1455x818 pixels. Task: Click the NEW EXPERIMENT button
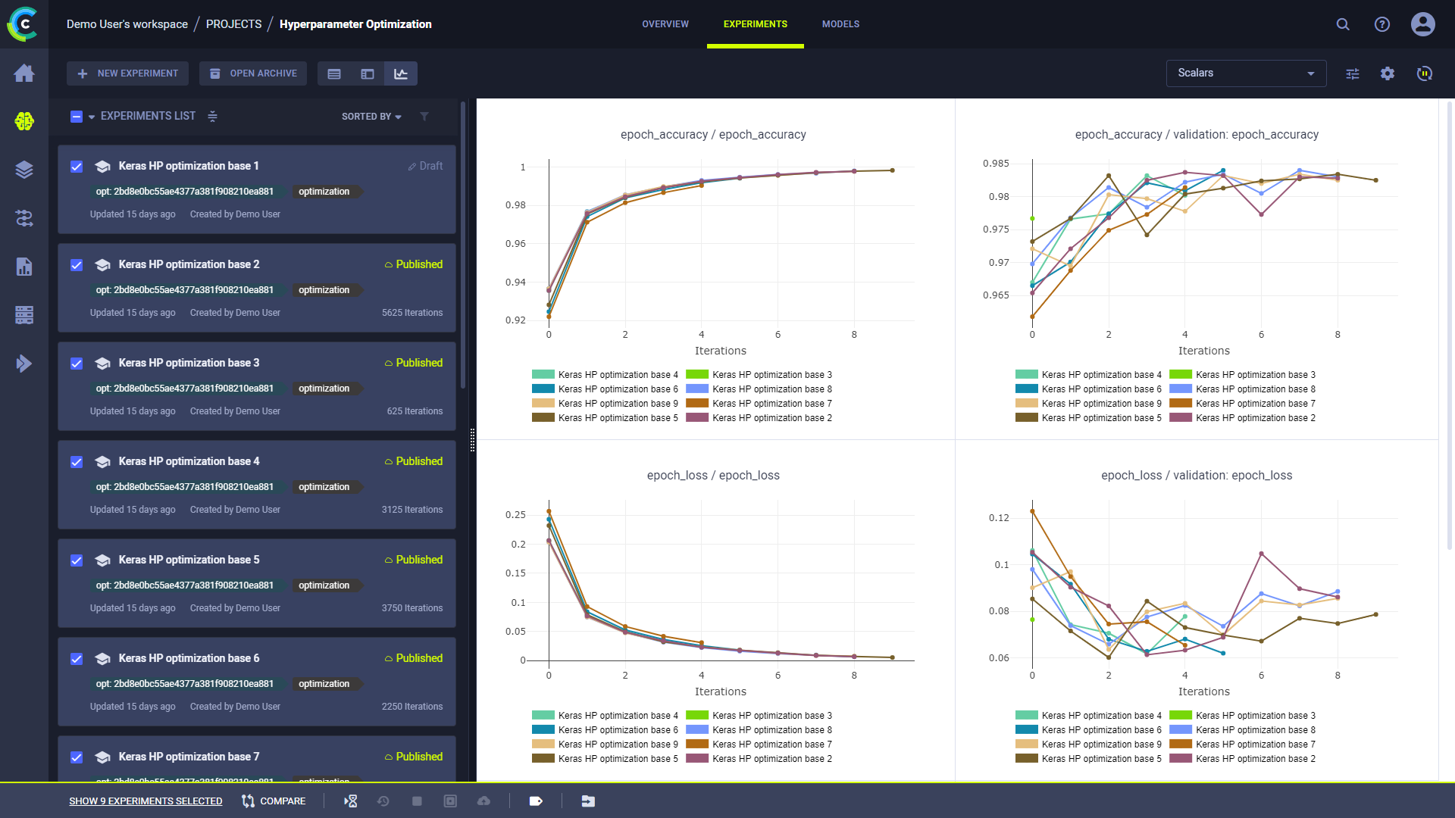click(x=127, y=73)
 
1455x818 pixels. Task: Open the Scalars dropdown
click(x=1245, y=73)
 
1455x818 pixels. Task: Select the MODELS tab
click(x=840, y=24)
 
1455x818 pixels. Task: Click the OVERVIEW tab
click(x=665, y=24)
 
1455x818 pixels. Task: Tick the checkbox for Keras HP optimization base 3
click(x=77, y=364)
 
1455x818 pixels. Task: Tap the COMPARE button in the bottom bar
click(x=274, y=801)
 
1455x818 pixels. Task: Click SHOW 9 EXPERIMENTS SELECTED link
click(x=145, y=801)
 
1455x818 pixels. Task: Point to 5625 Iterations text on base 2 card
click(x=411, y=313)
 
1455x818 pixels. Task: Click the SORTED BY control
click(x=371, y=117)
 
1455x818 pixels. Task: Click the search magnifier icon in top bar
click(x=1342, y=24)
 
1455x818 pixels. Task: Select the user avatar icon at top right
click(x=1422, y=24)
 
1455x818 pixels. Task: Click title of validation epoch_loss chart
click(x=1196, y=476)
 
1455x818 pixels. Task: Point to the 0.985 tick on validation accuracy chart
click(x=996, y=164)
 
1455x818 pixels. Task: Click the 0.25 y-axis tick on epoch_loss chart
click(x=515, y=515)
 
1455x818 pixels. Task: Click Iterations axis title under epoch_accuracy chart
click(x=720, y=351)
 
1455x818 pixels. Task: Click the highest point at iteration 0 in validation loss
click(x=1032, y=511)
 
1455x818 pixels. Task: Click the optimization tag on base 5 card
click(x=324, y=585)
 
